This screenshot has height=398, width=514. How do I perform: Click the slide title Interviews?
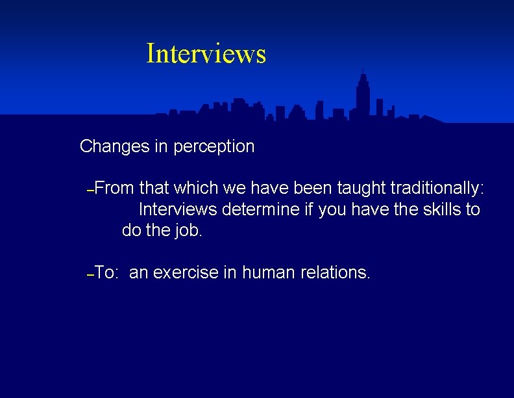pyautogui.click(x=206, y=53)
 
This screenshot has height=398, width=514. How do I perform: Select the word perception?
pyautogui.click(x=214, y=147)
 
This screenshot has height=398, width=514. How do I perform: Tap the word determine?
pyautogui.click(x=256, y=210)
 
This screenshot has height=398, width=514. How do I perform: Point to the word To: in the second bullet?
pyautogui.click(x=106, y=272)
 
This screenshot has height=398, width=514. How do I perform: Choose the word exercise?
pyautogui.click(x=186, y=272)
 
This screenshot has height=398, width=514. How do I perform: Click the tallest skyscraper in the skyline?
pyautogui.click(x=363, y=98)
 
